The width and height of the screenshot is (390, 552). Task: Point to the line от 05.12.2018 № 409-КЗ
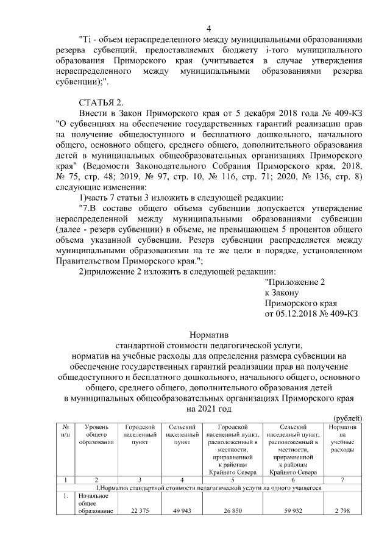311,314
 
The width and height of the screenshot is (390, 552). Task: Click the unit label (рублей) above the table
349,418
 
